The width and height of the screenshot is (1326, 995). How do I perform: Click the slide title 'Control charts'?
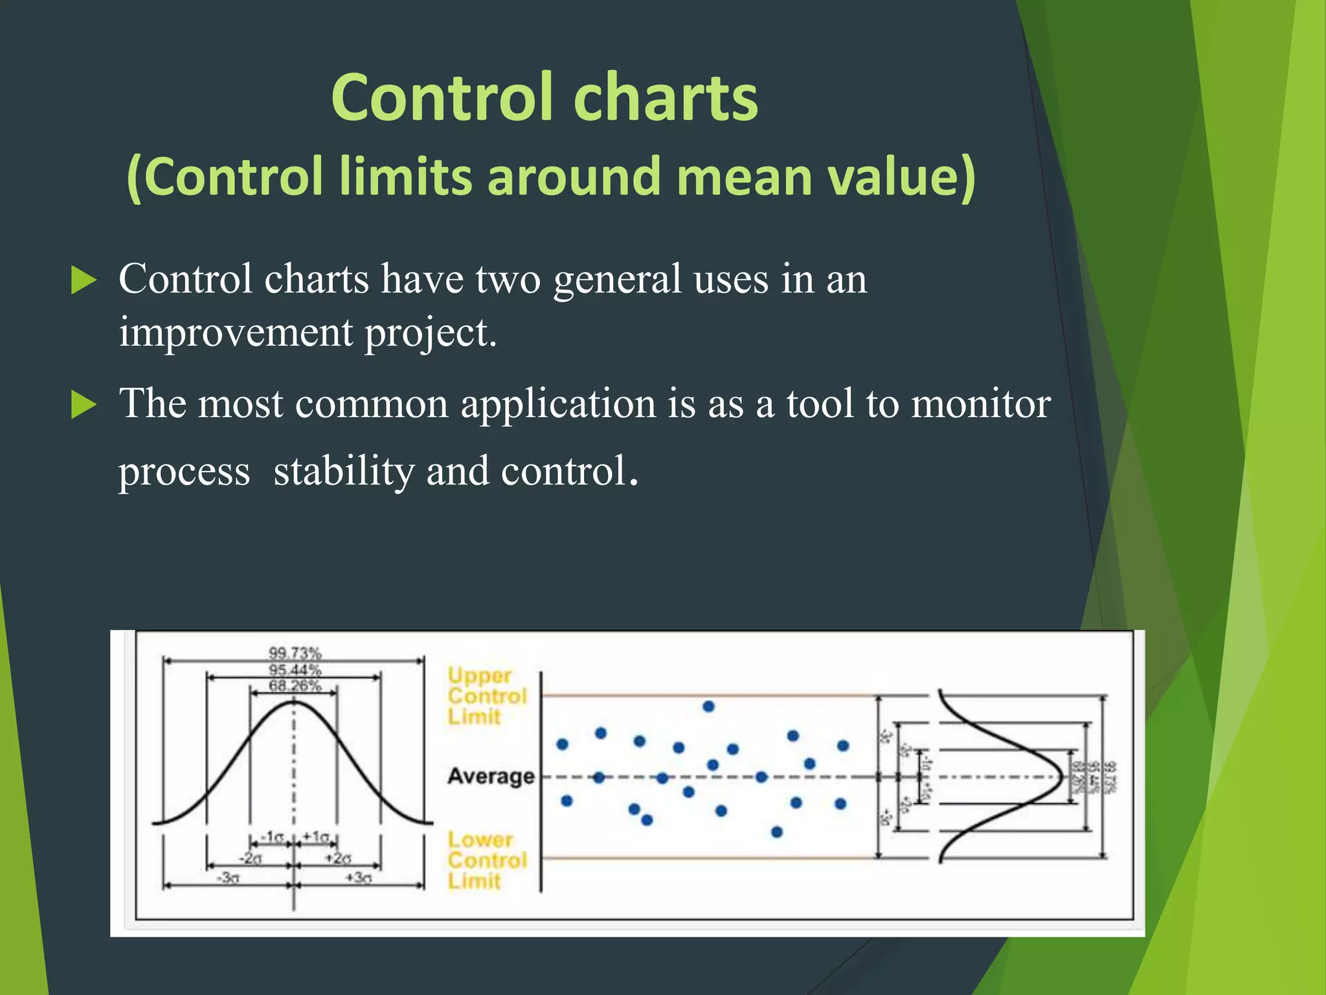(544, 98)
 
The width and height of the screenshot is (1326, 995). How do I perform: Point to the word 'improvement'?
(236, 333)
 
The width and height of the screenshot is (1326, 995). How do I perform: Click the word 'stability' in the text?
(344, 472)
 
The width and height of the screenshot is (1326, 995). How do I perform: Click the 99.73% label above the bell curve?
(295, 652)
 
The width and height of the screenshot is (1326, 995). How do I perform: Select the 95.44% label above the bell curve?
(295, 669)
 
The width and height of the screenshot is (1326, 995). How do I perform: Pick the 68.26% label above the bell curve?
(295, 685)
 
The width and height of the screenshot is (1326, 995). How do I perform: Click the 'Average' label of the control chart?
(491, 776)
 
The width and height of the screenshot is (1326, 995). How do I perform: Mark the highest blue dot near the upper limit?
(708, 706)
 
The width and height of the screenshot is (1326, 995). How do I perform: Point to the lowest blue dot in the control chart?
(777, 832)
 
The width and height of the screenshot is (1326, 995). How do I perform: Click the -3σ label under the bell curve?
(227, 878)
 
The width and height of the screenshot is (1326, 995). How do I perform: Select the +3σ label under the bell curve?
(358, 878)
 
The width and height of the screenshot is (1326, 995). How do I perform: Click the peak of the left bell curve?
(293, 701)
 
